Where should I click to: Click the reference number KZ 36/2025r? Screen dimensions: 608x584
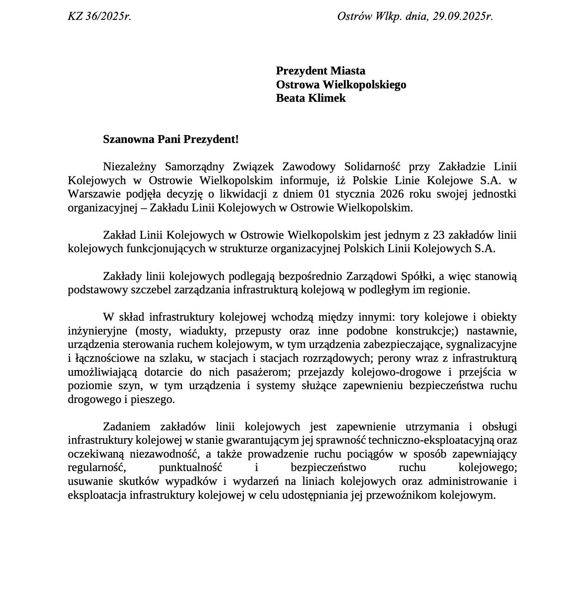99,17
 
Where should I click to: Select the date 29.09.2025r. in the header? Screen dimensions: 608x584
463,17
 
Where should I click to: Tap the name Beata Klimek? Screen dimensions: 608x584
311,98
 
